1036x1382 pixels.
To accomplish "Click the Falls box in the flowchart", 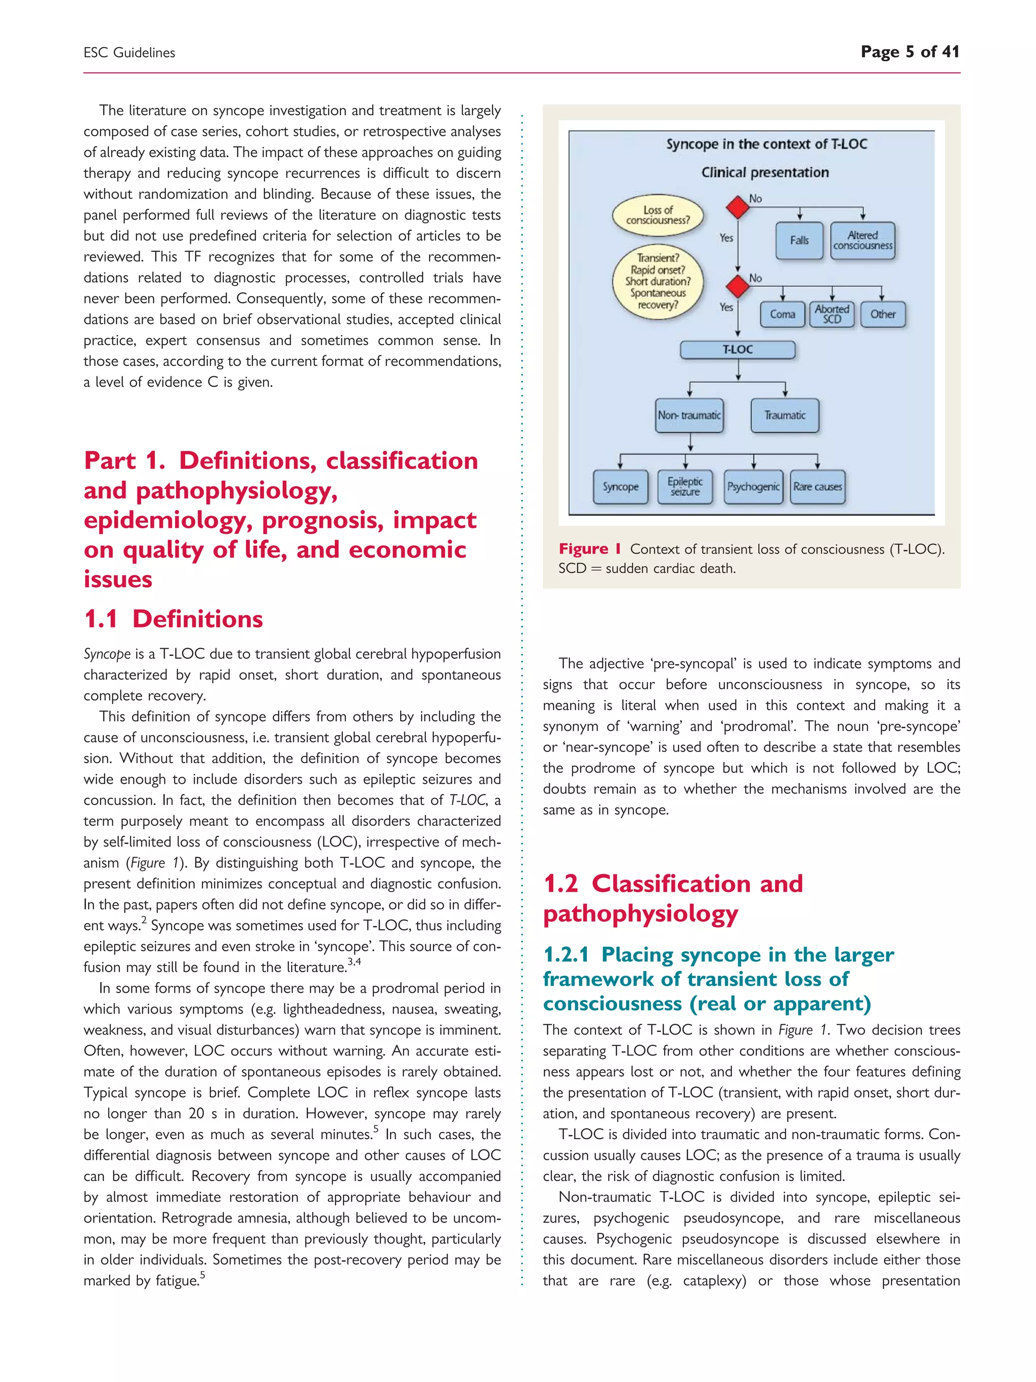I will click(799, 240).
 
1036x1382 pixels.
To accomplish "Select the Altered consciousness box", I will click(862, 240).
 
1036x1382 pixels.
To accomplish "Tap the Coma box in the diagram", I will click(782, 314).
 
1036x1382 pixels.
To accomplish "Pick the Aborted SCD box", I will click(831, 314).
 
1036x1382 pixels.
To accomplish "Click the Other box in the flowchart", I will click(882, 314).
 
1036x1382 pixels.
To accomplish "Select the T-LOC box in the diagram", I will click(738, 350).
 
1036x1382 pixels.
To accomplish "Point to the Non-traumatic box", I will click(689, 415).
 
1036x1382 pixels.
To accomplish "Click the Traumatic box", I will click(785, 415).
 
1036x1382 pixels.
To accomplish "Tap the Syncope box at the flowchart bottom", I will click(620, 487).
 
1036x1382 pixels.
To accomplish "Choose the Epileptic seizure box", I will click(685, 487).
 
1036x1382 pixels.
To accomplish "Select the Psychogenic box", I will click(753, 487).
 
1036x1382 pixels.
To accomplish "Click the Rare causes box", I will click(817, 487).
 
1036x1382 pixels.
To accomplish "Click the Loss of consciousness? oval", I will click(658, 215).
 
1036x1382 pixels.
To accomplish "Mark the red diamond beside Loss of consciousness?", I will click(738, 207).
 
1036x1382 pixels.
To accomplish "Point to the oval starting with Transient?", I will click(658, 282).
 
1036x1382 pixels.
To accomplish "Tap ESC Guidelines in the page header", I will click(129, 53).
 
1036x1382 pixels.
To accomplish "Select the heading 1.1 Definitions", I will click(174, 619).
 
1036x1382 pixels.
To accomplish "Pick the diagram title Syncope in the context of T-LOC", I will click(766, 144).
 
